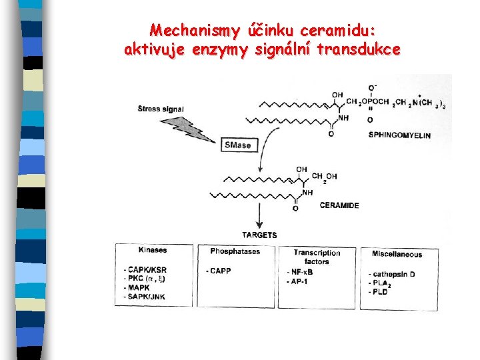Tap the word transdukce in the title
point(363,49)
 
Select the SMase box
point(237,145)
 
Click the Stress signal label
point(161,109)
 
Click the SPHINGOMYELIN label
point(399,135)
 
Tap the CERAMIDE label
point(339,205)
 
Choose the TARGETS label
point(259,235)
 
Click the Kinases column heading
point(153,251)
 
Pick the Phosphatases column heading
point(235,251)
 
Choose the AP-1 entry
point(299,281)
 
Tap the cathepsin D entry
point(393,275)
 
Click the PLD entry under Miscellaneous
point(380,292)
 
